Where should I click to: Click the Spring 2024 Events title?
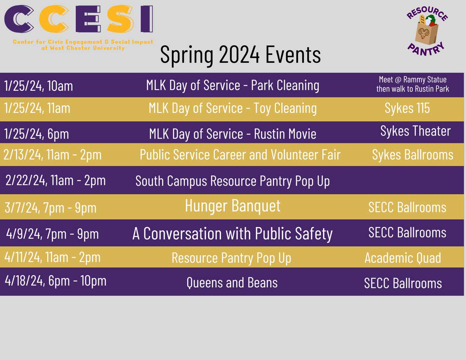coord(240,55)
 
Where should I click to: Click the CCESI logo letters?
coord(78,19)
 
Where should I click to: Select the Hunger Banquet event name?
coord(233,206)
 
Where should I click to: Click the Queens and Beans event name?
coord(232,282)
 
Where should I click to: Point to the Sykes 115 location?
coord(407,108)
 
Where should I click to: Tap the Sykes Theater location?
coord(416,131)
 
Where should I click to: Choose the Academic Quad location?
coord(403,257)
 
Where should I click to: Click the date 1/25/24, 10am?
coord(38,86)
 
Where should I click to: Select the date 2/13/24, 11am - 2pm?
coord(52,155)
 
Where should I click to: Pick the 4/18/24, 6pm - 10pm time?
coord(56,280)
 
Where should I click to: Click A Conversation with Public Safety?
coord(233,233)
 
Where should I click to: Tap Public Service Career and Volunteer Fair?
coord(240,155)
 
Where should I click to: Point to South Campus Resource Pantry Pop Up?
coord(233,181)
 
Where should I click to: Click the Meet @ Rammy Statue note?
coord(412,84)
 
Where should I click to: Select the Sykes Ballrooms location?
coord(413,155)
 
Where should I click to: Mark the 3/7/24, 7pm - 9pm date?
coord(50,207)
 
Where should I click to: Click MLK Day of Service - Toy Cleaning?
coord(233,108)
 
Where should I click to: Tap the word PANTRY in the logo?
coord(426,50)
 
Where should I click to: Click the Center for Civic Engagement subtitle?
coord(83,45)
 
